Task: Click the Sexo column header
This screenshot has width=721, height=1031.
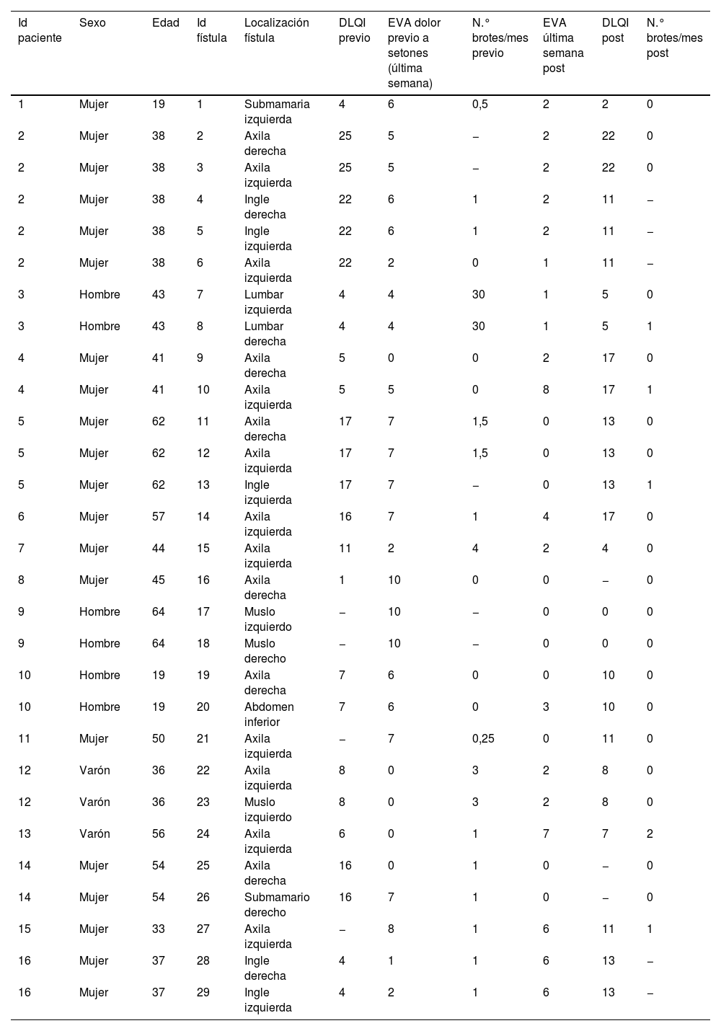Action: click(x=92, y=22)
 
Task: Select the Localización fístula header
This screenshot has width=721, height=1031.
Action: click(x=276, y=30)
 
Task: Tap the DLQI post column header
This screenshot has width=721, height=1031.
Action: click(x=613, y=30)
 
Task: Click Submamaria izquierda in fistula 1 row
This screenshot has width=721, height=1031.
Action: click(x=277, y=112)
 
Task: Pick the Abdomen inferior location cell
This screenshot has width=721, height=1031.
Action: click(x=269, y=714)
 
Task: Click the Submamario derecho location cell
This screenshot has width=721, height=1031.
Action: click(x=277, y=905)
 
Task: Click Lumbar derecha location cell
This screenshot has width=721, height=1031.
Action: click(x=265, y=334)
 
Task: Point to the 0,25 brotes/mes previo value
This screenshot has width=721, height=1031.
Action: click(x=483, y=738)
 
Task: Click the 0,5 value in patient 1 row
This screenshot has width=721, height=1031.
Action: click(x=480, y=104)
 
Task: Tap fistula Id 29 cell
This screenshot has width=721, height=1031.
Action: click(x=203, y=992)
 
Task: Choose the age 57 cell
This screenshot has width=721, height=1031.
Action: click(x=159, y=516)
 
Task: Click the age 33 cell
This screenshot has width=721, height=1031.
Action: click(x=159, y=929)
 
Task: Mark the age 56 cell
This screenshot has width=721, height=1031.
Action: click(x=159, y=833)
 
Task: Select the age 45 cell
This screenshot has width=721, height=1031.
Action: click(x=159, y=580)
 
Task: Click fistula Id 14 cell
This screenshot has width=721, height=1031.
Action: click(x=203, y=516)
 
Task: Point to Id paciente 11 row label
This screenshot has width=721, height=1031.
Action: click(x=25, y=738)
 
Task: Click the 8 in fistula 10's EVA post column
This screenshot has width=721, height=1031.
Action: click(x=546, y=389)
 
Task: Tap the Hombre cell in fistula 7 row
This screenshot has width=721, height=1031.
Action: click(x=99, y=294)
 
